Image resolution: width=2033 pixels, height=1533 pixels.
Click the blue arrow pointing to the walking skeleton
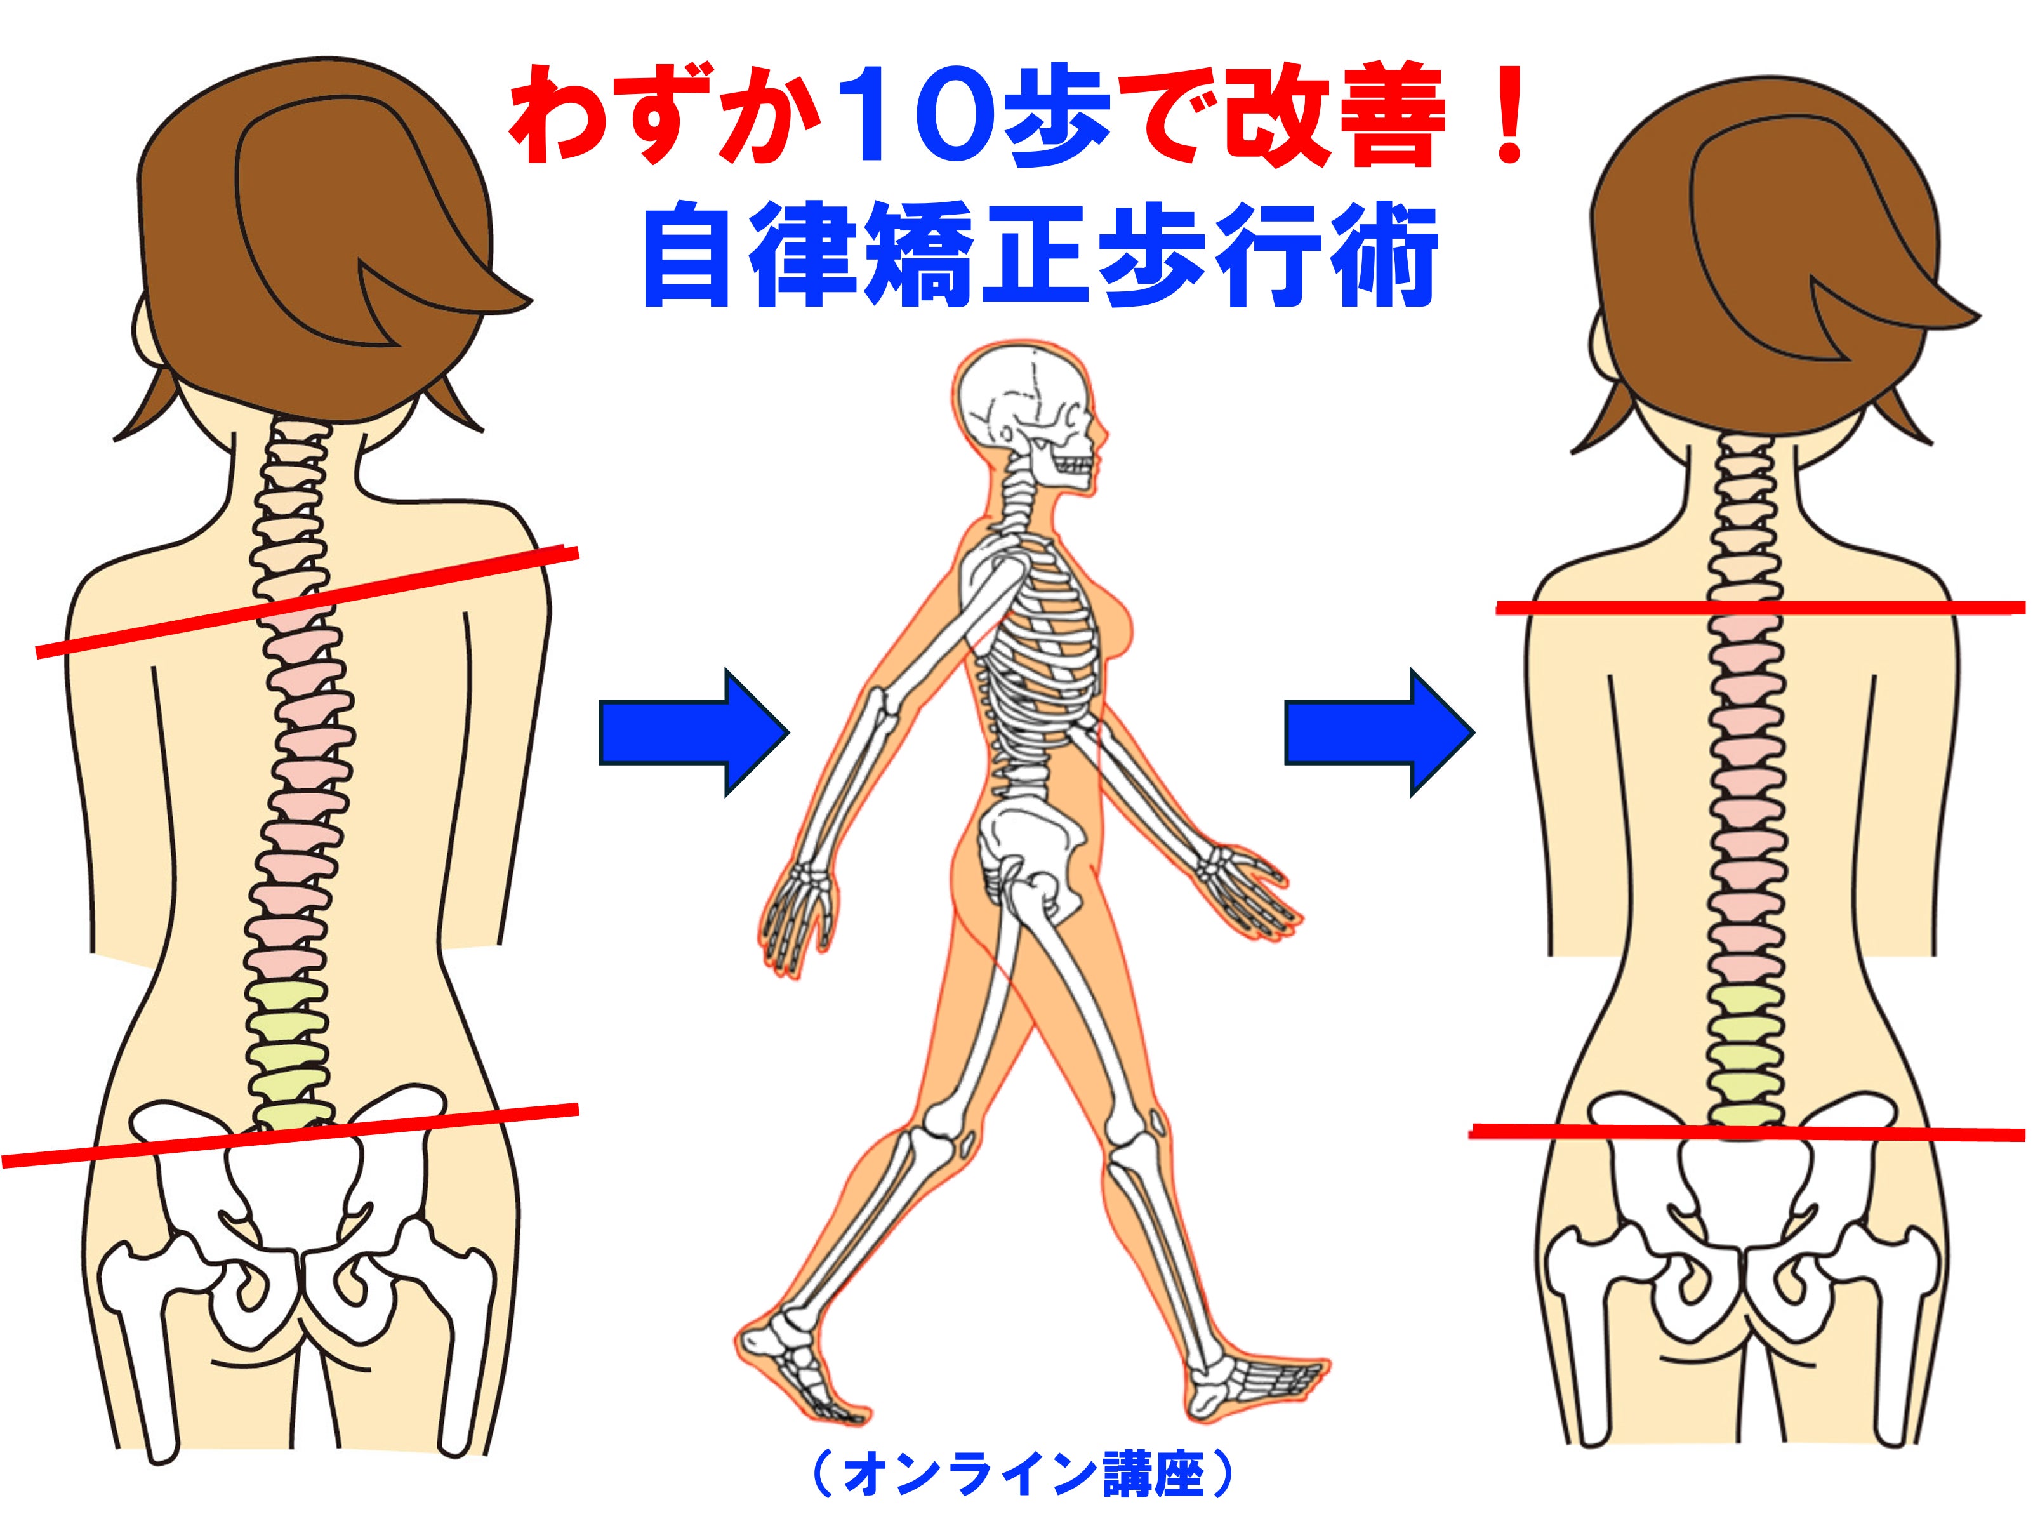694,733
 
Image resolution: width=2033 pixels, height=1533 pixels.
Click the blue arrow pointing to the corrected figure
1379,733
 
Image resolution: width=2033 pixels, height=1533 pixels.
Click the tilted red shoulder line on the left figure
307,601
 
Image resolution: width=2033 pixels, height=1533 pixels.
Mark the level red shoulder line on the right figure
1761,607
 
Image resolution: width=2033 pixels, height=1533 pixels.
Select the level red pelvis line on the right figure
1748,1132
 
